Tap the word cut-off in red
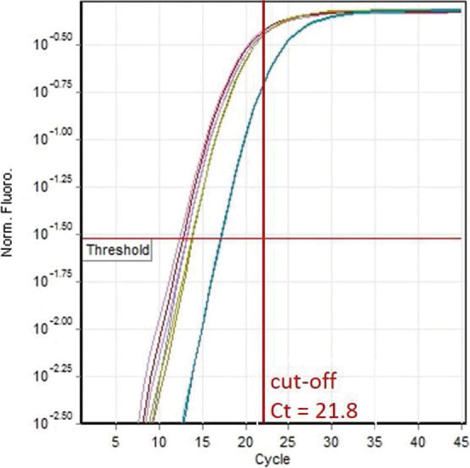(302, 381)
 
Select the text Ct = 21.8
(312, 409)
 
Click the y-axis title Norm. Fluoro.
(8, 223)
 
